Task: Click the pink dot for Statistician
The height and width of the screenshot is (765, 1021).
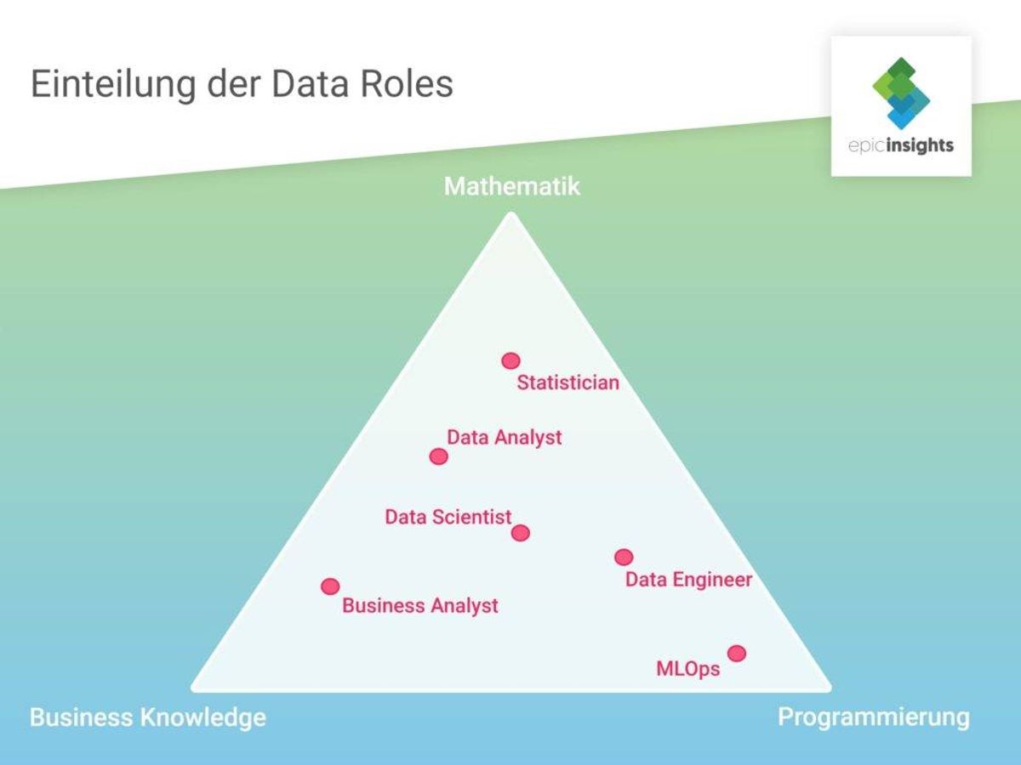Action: [x=510, y=361]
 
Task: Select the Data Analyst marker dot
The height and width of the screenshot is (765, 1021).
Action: [x=439, y=456]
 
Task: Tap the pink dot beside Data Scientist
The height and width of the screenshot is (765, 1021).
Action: [x=521, y=533]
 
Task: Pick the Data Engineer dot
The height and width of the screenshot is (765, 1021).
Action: [x=624, y=557]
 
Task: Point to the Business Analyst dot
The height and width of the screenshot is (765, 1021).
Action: [x=330, y=586]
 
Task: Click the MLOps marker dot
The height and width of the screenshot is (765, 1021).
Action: [x=737, y=654]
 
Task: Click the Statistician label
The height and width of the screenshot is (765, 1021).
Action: [x=568, y=382]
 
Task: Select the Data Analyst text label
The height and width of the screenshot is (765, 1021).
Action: [x=505, y=438]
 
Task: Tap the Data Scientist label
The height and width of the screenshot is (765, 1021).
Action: [x=448, y=517]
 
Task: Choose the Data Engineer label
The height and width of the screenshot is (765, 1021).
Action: [x=689, y=580]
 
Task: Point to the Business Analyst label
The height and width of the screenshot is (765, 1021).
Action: [x=420, y=606]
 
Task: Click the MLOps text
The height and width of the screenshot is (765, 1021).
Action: [x=688, y=669]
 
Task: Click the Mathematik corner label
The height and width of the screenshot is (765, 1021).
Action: [x=511, y=186]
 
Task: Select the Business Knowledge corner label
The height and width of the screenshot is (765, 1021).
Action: [x=148, y=717]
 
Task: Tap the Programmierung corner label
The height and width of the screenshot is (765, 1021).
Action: [x=874, y=718]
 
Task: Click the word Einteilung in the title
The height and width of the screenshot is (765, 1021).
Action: [x=113, y=84]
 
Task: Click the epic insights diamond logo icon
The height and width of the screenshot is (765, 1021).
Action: [x=901, y=93]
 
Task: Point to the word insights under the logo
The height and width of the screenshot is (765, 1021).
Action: [x=921, y=146]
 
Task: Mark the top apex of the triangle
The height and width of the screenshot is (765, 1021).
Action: [x=510, y=212]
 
